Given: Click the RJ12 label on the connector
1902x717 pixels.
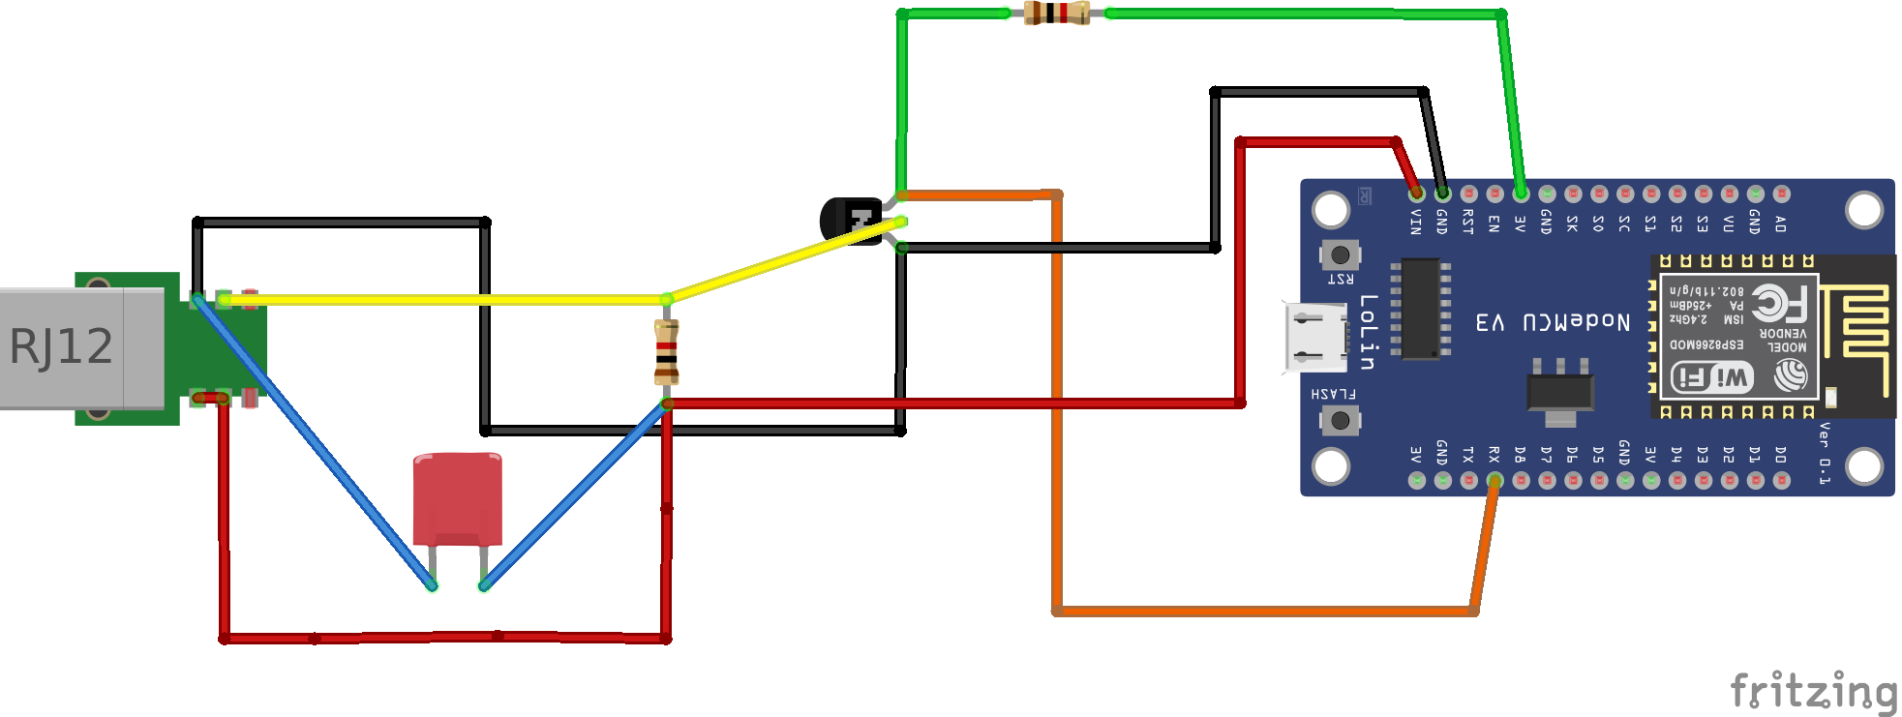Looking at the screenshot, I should click(x=61, y=346).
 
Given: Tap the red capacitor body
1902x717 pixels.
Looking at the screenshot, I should click(x=458, y=498).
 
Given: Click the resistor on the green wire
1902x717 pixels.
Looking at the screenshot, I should click(x=1056, y=13).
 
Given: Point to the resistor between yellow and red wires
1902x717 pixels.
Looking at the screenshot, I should click(x=666, y=352).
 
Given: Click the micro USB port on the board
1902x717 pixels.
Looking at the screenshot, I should click(x=1315, y=337).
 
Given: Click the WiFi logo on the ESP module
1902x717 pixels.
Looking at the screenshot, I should click(x=1711, y=377).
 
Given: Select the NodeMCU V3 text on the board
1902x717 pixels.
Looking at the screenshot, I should click(x=1553, y=322).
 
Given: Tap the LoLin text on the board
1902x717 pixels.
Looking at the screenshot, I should click(x=1367, y=332).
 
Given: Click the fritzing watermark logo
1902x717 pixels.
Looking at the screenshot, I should click(x=1812, y=691).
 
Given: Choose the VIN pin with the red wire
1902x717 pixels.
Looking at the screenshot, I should click(x=1416, y=194).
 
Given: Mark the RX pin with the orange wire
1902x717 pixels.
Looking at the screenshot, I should click(x=1494, y=480).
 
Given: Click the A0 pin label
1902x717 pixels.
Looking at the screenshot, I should click(x=1780, y=224).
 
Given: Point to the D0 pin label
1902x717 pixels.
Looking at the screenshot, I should click(x=1780, y=454).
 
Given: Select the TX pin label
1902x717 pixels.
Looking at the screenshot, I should click(x=1468, y=454).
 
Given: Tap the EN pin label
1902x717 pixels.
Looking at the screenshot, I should click(x=1494, y=224).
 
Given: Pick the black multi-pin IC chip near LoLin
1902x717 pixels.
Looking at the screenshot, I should click(x=1420, y=309).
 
